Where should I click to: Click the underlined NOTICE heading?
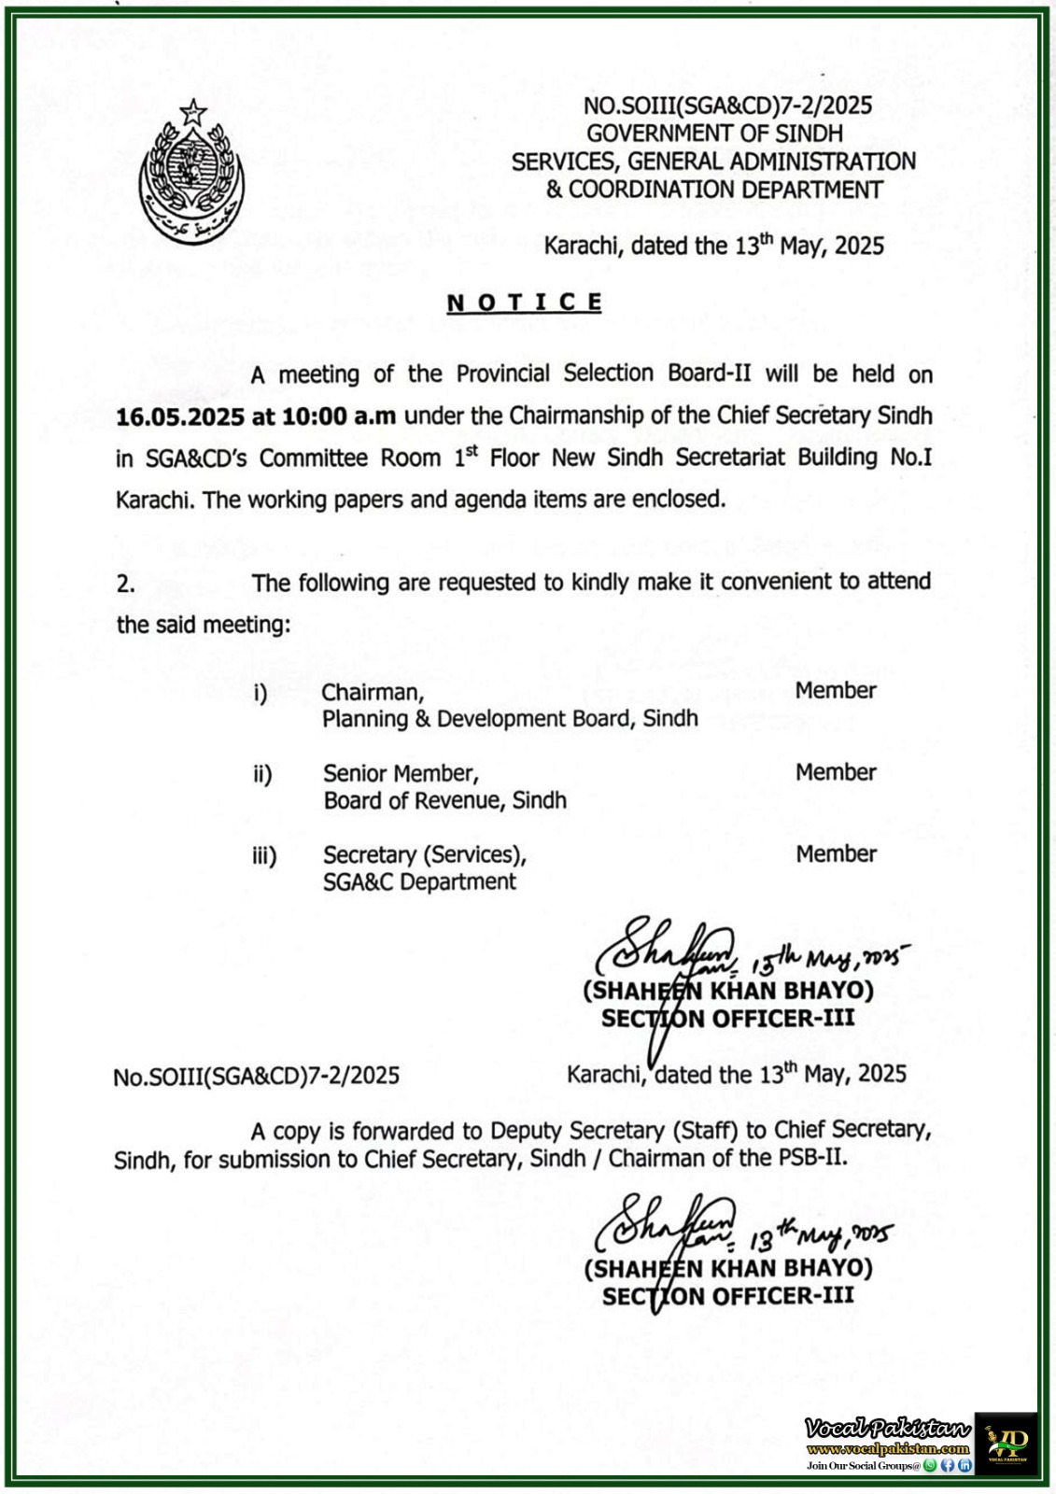[x=524, y=303]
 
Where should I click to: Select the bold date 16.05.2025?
[x=180, y=416]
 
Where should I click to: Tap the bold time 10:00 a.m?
[x=339, y=416]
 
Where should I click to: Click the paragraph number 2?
[x=126, y=585]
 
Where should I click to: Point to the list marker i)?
[x=260, y=693]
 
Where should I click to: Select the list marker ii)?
[x=262, y=774]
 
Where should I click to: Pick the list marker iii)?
[x=264, y=855]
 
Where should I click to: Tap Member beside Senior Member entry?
[x=836, y=772]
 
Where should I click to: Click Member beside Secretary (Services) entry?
[x=836, y=853]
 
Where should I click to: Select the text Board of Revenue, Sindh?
[x=444, y=801]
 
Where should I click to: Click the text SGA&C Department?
[x=419, y=882]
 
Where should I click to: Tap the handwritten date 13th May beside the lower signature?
[x=819, y=1238]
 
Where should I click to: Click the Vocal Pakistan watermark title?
[x=887, y=1429]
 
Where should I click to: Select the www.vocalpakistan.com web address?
[x=887, y=1449]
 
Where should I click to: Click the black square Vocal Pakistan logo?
[x=1006, y=1443]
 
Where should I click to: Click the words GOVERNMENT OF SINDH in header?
[x=714, y=134]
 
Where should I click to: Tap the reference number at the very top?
[x=727, y=106]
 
